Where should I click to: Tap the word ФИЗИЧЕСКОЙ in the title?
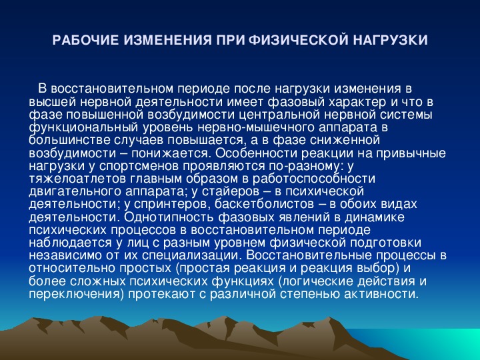click(298, 41)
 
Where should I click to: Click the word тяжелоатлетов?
click(78, 179)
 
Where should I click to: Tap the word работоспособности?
click(314, 179)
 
